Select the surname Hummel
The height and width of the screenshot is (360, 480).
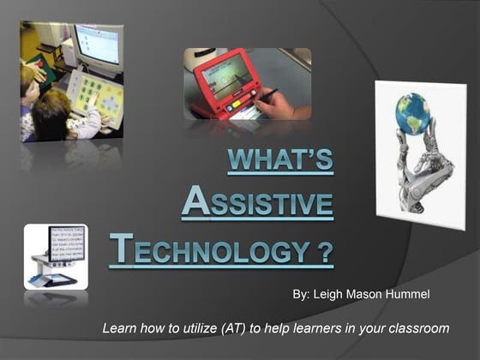[x=416, y=296]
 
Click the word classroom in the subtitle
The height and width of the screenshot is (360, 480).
[x=417, y=328]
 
